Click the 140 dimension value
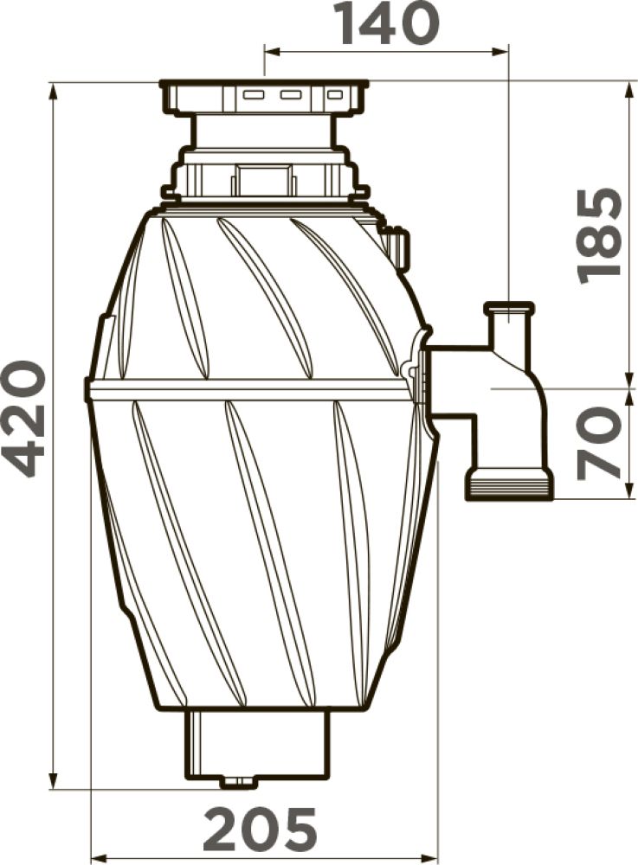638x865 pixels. [x=389, y=23]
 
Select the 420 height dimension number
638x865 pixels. [x=23, y=419]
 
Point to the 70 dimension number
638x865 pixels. [x=598, y=442]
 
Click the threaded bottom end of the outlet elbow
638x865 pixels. [x=509, y=484]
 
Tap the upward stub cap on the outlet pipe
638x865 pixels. [x=508, y=307]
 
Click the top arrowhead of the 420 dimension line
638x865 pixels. [x=54, y=92]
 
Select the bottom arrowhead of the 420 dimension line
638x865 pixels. [x=54, y=780]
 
